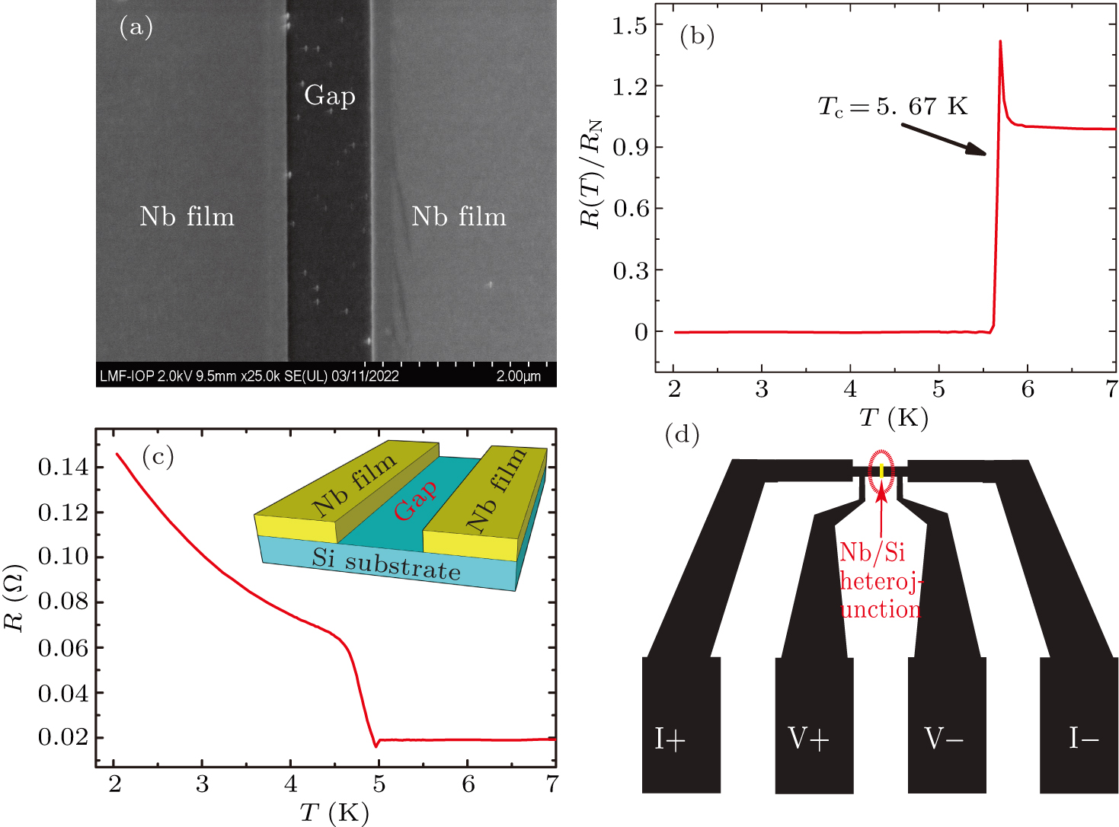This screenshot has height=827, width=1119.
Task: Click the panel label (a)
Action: [x=136, y=27]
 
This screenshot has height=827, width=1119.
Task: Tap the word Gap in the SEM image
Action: [x=330, y=96]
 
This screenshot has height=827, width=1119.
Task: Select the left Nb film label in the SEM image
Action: [x=187, y=217]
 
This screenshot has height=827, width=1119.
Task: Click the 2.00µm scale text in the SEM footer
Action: [x=518, y=376]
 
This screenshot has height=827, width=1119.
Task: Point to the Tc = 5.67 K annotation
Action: [x=892, y=107]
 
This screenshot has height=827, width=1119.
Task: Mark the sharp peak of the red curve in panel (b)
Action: [x=1000, y=42]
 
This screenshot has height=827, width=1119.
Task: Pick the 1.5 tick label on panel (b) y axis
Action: [x=629, y=26]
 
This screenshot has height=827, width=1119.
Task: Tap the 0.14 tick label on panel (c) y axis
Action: [x=63, y=467]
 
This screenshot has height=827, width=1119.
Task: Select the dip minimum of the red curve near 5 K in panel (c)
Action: [x=376, y=746]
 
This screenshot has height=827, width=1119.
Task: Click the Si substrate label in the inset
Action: [x=386, y=564]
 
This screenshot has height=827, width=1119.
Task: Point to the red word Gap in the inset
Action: [x=416, y=500]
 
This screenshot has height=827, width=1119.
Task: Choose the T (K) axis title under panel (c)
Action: [x=334, y=813]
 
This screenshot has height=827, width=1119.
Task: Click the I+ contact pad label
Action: [x=670, y=739]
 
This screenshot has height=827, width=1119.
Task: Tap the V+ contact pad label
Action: [x=808, y=739]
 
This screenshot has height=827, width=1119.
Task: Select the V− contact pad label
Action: [x=944, y=739]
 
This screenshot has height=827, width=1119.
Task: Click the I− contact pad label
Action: [x=1083, y=739]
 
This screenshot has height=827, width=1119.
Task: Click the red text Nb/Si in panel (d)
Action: [x=872, y=553]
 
